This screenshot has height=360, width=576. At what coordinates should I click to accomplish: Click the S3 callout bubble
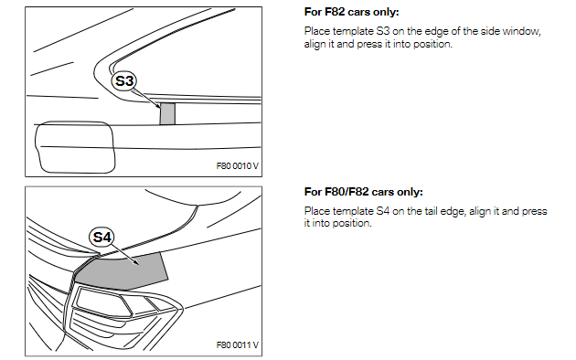coord(123,80)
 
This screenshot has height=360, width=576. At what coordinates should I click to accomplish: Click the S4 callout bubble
coord(101,237)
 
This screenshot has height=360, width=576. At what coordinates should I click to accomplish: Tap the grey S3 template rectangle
coord(167,114)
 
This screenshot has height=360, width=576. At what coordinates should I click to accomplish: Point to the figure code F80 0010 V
coord(238,166)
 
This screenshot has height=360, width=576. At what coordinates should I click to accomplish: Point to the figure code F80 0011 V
coord(238,345)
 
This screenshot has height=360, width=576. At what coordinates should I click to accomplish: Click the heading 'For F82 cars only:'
coord(352,12)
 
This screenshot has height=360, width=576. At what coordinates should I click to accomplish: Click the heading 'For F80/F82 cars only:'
coord(364,192)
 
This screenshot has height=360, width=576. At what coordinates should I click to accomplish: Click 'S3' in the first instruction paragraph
coord(383,31)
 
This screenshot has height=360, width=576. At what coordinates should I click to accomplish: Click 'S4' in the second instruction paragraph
coord(383,211)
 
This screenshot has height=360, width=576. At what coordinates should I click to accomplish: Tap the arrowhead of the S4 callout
coord(136,263)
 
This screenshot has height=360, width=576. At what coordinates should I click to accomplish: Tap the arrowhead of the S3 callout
coord(159,107)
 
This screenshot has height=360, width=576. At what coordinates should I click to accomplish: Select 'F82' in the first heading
coord(335,12)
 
